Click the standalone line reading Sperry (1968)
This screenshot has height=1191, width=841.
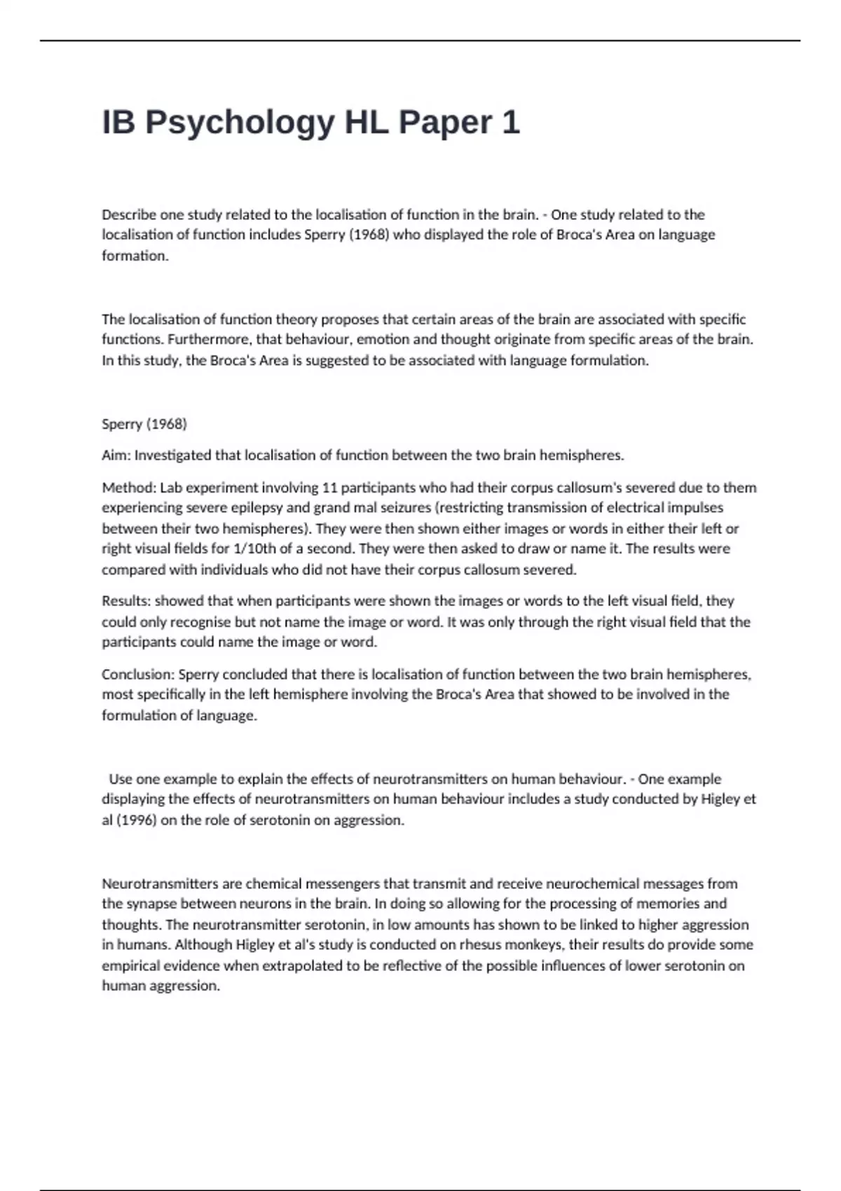coord(144,424)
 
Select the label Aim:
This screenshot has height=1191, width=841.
coord(116,455)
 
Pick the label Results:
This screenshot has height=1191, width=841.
coord(126,601)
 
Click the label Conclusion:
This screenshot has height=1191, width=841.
coord(138,675)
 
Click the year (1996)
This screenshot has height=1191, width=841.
coord(135,820)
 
